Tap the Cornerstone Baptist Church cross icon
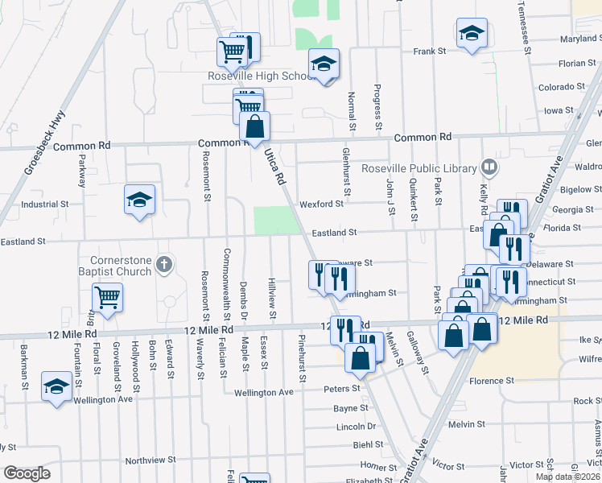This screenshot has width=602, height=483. click(163, 263)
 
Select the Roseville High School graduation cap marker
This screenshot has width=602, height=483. click(324, 64)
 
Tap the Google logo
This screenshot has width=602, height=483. click(27, 473)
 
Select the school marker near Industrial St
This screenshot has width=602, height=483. click(139, 199)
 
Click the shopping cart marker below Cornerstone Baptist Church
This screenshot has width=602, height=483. click(108, 297)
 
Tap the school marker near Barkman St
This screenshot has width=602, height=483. click(56, 386)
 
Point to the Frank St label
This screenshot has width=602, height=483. click(430, 52)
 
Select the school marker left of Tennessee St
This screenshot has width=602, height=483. click(472, 33)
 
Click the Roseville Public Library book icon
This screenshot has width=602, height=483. click(489, 167)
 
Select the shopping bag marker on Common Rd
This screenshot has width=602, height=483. click(254, 126)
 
